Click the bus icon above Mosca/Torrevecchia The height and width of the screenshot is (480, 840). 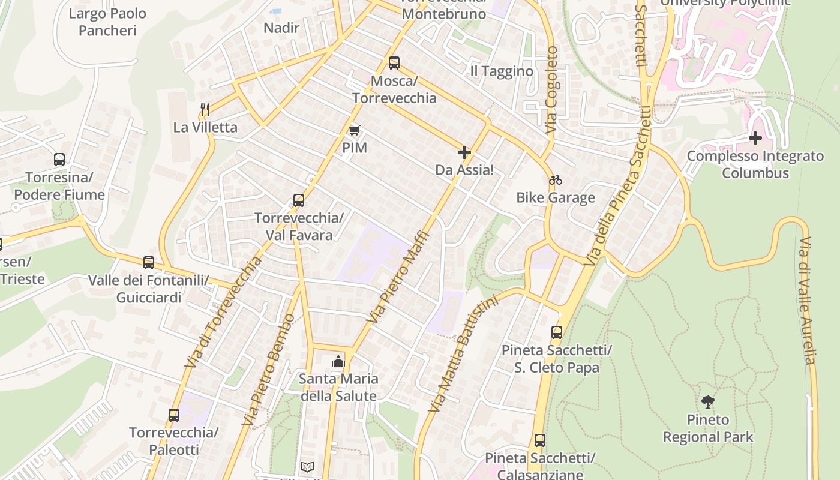pos(394,63)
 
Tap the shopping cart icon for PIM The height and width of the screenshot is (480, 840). pos(355,130)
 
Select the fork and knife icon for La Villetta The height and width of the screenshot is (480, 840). pos(205,109)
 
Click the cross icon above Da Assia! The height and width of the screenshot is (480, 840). pos(464,152)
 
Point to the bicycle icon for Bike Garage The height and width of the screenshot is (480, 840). pos(556,180)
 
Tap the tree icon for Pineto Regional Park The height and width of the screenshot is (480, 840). pos(708,401)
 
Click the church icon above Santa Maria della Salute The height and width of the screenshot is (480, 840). pos(338,361)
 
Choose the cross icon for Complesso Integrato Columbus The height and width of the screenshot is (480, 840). pos(755,139)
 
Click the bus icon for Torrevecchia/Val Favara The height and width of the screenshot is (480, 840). pos(299,200)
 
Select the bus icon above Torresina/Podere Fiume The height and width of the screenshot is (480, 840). pos(59,160)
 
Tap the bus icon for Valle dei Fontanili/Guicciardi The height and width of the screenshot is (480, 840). pos(149,263)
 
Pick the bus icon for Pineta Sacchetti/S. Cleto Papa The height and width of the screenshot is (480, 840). pos(557,332)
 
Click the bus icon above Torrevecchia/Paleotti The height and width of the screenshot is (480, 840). pos(174,415)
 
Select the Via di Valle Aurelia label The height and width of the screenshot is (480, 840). pos(808,300)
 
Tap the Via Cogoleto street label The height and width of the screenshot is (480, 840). pos(551,90)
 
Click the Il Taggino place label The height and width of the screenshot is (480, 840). pos(502,71)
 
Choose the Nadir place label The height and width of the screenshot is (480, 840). pos(281,28)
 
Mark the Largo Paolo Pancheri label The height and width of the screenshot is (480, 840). pos(107,22)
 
